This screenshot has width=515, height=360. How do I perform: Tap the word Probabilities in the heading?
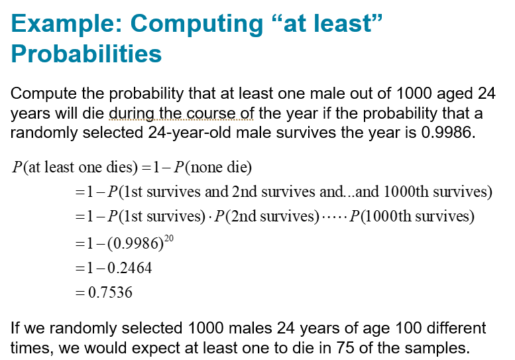tap(86, 54)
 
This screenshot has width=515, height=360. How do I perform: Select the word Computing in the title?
tap(196, 25)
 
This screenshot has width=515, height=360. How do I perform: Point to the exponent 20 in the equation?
tap(169, 238)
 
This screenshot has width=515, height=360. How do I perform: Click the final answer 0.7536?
tap(110, 292)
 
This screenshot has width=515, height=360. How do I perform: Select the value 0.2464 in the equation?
tap(130, 268)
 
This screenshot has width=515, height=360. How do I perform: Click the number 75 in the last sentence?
tap(345, 348)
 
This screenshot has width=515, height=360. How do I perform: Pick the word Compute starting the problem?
tap(44, 93)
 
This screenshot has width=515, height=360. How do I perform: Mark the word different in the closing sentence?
tap(456, 328)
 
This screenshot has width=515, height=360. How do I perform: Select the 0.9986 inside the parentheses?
tap(135, 243)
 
